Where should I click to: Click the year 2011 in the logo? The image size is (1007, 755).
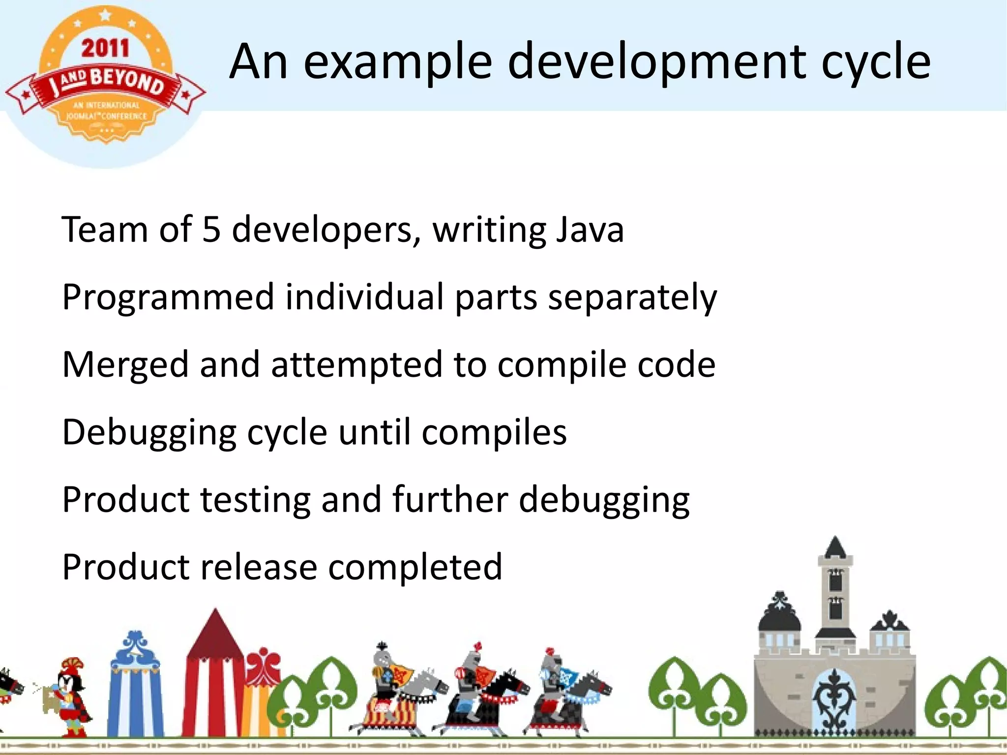pos(105,49)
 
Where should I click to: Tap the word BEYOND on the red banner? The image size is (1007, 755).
pos(127,82)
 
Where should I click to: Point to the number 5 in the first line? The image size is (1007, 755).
pos(211,229)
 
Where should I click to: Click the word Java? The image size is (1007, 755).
pos(590,229)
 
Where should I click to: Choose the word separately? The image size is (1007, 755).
pos(632,298)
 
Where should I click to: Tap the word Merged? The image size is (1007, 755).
pos(126,365)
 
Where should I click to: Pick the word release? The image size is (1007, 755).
pos(259,567)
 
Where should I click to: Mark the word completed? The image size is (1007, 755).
pos(415,567)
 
